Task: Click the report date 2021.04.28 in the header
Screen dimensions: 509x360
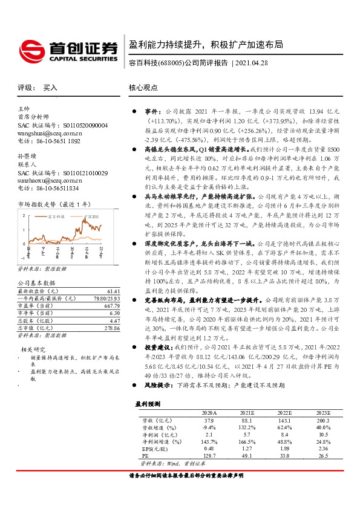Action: tap(251, 63)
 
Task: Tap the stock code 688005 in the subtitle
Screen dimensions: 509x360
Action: tap(170, 63)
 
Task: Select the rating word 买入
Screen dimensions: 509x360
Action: tap(50, 88)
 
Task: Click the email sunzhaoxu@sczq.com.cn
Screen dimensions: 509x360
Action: tap(50, 180)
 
